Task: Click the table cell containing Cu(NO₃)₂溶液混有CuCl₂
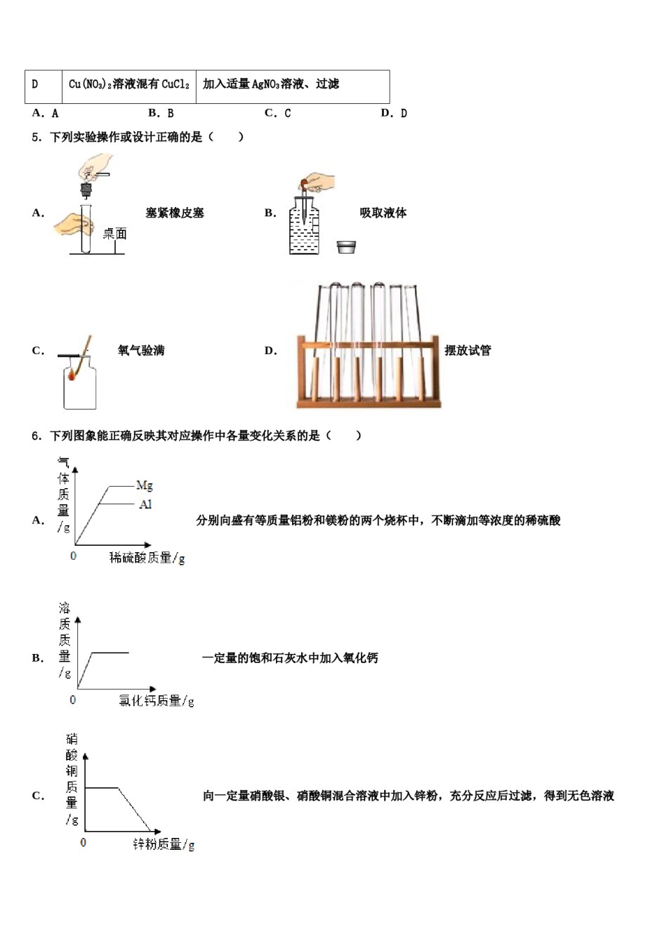(x=129, y=84)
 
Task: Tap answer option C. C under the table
(x=277, y=113)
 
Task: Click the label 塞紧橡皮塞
(x=175, y=213)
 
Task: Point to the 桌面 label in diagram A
(x=114, y=234)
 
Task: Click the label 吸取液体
(x=383, y=213)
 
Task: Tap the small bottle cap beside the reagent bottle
(x=346, y=247)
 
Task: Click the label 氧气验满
(x=141, y=350)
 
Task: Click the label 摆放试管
(x=468, y=350)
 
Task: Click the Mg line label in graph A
(x=144, y=485)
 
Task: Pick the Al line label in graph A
(x=145, y=504)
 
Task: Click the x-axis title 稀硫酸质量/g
(x=147, y=558)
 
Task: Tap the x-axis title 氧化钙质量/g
(x=157, y=701)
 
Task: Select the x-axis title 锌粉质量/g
(x=164, y=844)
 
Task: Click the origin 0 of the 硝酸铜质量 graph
(x=84, y=841)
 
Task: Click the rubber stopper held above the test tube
(x=86, y=190)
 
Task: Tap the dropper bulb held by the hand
(x=305, y=185)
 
